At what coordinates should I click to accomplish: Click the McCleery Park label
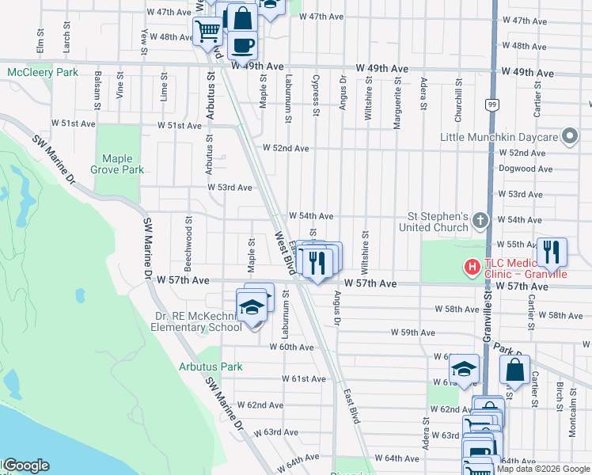coord(43,72)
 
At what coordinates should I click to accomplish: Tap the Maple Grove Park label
coord(117,164)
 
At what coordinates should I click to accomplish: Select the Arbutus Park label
coord(211,367)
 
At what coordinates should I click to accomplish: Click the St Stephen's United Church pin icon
coord(480,221)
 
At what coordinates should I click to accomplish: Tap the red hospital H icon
coord(472,268)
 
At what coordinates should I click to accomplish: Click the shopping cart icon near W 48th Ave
coord(208,32)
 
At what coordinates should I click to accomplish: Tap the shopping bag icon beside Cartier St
coord(514,369)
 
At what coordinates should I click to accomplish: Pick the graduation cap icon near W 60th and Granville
coord(464,369)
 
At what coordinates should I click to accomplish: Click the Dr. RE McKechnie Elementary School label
coord(199,321)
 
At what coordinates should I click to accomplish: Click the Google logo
coord(26,466)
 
